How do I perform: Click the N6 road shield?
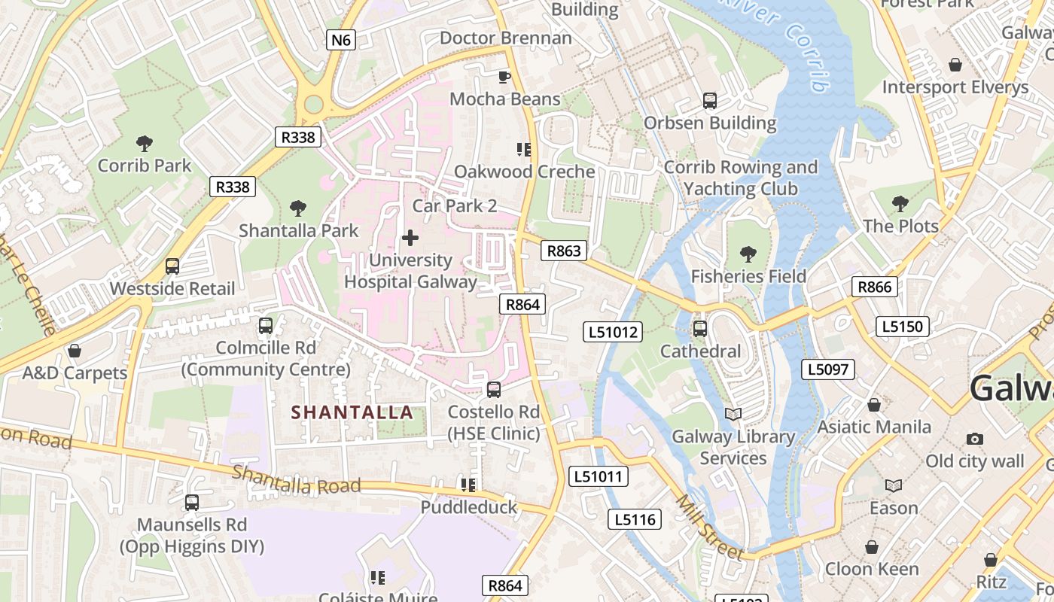point(341,40)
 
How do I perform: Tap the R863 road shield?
point(564,251)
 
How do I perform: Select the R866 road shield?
point(874,287)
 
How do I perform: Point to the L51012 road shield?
point(614,332)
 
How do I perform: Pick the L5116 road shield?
point(635,519)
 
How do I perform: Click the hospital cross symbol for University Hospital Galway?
point(410,239)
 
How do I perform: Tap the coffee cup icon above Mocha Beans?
point(504,77)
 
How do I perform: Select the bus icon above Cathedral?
point(700,329)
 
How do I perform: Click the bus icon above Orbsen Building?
point(709,100)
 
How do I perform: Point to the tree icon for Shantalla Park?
point(298,208)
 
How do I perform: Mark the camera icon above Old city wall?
point(975,439)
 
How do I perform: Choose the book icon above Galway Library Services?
point(733,414)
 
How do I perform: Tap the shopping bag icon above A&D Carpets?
point(75,351)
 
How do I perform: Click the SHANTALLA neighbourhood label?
point(352,412)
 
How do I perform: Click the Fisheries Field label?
point(748,276)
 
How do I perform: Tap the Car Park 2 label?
point(455,205)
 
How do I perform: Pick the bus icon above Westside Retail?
point(172,266)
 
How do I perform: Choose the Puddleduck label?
point(469,507)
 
